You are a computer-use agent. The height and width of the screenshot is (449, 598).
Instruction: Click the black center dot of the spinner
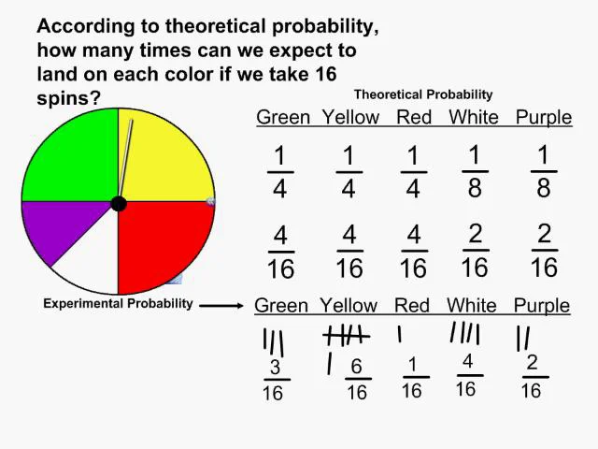[x=119, y=204]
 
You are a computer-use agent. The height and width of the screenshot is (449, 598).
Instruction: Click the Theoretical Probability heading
[x=422, y=94]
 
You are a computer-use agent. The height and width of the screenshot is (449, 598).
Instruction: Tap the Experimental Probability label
[x=118, y=303]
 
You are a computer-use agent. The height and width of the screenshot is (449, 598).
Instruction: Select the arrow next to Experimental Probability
[x=224, y=304]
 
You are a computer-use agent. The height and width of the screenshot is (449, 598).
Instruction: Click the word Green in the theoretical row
[x=283, y=118]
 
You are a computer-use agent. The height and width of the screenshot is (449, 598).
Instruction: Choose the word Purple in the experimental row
[x=541, y=306]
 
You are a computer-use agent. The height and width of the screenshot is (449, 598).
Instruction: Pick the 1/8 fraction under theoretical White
[x=474, y=171]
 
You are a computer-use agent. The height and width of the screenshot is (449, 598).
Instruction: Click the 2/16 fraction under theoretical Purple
[x=544, y=250]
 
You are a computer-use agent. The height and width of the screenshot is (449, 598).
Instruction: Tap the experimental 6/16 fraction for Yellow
[x=357, y=380]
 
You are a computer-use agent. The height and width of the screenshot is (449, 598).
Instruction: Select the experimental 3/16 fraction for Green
[x=274, y=381]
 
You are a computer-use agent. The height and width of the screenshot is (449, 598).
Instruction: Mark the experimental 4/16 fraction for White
[x=466, y=375]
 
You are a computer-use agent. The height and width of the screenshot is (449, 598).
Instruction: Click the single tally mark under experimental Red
[x=400, y=333]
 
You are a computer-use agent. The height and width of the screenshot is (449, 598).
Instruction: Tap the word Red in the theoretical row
[x=413, y=118]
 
